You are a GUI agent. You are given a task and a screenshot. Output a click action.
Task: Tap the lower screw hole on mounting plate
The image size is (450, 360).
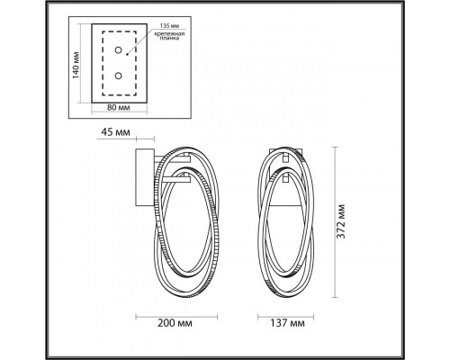pos(117,77)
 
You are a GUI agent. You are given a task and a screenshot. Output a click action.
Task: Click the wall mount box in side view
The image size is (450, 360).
pos(141,178)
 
